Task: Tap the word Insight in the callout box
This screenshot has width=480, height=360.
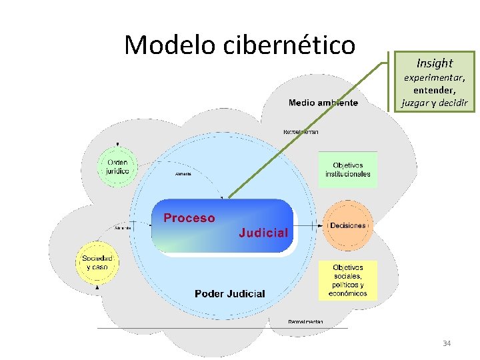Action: click(x=435, y=63)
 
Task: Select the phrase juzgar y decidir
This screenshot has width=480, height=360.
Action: click(x=435, y=103)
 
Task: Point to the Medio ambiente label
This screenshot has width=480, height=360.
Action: click(x=323, y=103)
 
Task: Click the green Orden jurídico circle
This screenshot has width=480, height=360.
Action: click(x=118, y=166)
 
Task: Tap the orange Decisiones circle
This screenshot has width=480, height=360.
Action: click(x=347, y=225)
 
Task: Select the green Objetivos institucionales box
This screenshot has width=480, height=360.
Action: click(x=347, y=169)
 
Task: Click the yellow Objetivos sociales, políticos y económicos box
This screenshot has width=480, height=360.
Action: click(x=347, y=280)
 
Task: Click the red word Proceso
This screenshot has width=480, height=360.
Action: click(x=189, y=218)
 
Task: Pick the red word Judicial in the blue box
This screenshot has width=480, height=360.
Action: click(x=263, y=233)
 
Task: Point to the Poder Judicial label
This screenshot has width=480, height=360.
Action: click(x=230, y=293)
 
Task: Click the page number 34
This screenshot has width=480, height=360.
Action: click(x=447, y=343)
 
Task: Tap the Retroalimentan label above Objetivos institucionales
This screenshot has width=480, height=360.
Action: click(x=301, y=132)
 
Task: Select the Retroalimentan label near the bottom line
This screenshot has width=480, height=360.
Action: click(x=305, y=322)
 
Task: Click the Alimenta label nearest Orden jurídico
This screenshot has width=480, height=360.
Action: click(x=183, y=174)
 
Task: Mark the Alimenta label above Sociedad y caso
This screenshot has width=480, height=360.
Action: click(x=123, y=228)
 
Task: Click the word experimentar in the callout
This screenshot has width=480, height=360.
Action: click(x=435, y=77)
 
